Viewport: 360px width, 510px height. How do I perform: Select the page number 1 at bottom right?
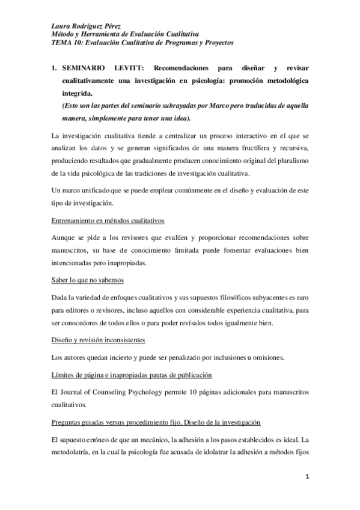pyautogui.click(x=307, y=478)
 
